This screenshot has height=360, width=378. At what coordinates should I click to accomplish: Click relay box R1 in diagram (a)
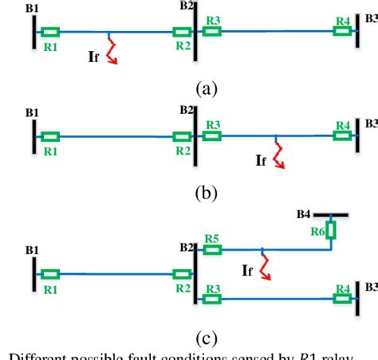pyautogui.click(x=49, y=33)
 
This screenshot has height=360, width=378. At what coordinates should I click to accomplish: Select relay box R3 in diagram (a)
pyautogui.click(x=212, y=32)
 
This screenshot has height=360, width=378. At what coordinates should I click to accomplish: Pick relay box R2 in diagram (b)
pyautogui.click(x=183, y=137)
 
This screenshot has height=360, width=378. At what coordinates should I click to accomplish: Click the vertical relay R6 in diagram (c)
pyautogui.click(x=332, y=231)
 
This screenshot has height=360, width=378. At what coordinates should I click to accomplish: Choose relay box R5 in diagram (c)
pyautogui.click(x=212, y=249)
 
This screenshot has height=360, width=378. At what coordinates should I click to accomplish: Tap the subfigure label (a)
pyautogui.click(x=206, y=88)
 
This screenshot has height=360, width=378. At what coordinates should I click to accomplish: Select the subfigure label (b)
pyautogui.click(x=206, y=193)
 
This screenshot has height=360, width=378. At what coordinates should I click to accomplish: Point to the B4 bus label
pyautogui.click(x=302, y=214)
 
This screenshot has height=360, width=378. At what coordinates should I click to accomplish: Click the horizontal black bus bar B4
pyautogui.click(x=329, y=215)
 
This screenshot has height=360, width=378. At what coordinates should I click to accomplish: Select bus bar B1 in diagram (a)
pyautogui.click(x=34, y=32)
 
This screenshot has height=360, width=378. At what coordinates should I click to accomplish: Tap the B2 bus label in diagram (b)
pyautogui.click(x=187, y=109)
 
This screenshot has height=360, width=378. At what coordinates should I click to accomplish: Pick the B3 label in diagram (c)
pyautogui.click(x=371, y=286)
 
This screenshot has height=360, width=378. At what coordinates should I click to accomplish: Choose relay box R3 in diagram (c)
pyautogui.click(x=212, y=299)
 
